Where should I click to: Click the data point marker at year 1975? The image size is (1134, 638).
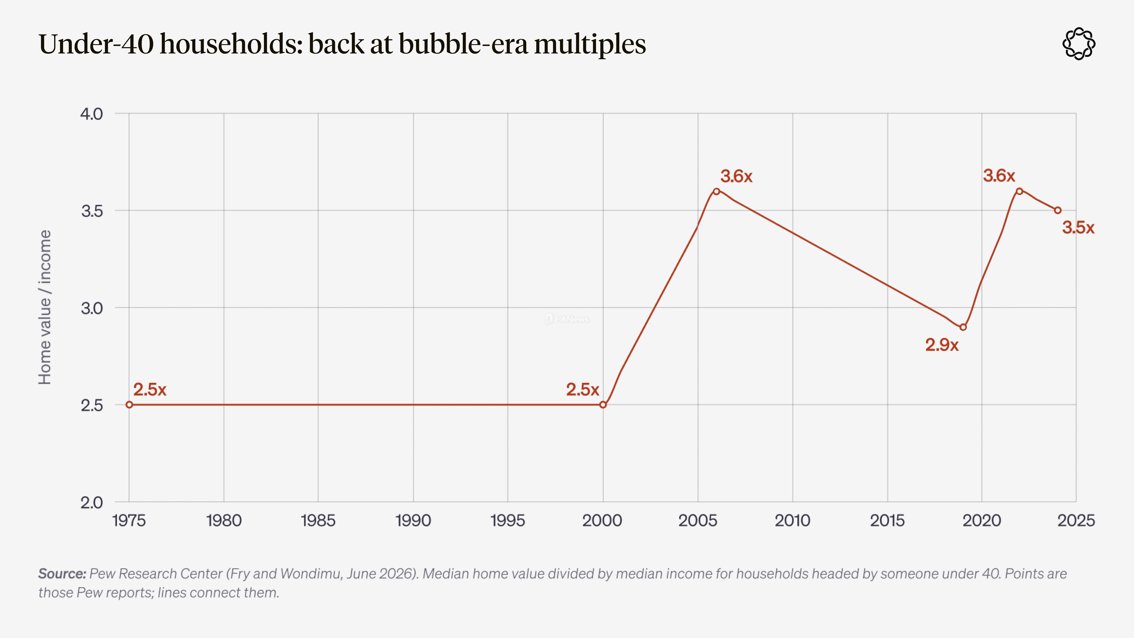click(x=129, y=405)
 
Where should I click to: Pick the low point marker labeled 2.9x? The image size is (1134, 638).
click(x=963, y=327)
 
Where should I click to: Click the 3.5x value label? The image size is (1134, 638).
click(x=1078, y=228)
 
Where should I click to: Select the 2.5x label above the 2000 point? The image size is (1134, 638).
click(x=582, y=389)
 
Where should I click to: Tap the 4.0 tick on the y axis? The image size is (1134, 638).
click(x=92, y=114)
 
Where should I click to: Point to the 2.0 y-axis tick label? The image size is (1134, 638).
click(x=92, y=502)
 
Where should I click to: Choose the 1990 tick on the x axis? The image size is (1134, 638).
click(x=413, y=520)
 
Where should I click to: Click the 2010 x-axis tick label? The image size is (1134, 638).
click(x=792, y=520)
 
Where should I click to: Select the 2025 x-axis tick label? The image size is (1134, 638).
click(x=1076, y=520)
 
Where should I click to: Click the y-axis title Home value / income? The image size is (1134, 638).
click(x=45, y=307)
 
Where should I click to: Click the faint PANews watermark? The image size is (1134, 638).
click(x=567, y=319)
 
